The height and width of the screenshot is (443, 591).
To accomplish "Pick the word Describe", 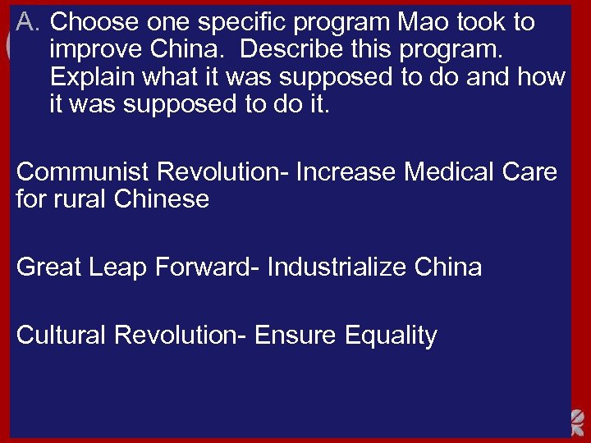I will click(289, 50).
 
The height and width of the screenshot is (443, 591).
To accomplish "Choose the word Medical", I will click(451, 171).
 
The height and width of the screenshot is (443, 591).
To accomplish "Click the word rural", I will click(82, 199).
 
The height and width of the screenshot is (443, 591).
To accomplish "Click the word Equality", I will click(391, 336).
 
